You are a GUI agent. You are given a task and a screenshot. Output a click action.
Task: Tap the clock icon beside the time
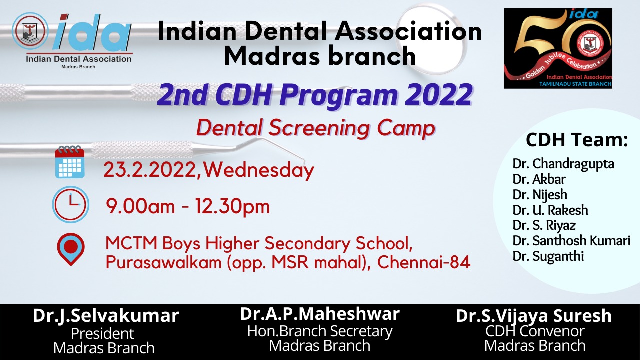(x=71, y=205)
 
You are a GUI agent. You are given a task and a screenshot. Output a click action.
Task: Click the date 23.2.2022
(x=149, y=170)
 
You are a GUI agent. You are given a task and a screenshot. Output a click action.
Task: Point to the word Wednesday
(x=259, y=170)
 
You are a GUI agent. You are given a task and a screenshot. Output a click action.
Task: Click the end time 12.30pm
(x=232, y=206)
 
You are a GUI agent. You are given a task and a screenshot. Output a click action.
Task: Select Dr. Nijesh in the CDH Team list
(x=540, y=195)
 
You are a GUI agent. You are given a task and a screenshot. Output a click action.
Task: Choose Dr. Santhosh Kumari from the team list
(x=571, y=241)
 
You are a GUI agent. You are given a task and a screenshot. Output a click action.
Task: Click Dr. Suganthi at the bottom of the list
(x=548, y=256)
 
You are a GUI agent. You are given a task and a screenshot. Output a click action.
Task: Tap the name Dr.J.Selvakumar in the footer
(x=106, y=316)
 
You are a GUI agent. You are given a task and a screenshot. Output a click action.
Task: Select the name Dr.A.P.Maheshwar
(x=320, y=314)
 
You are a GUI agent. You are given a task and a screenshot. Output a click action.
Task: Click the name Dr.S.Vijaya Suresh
(x=533, y=316)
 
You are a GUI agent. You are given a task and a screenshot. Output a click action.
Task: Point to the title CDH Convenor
(x=535, y=331)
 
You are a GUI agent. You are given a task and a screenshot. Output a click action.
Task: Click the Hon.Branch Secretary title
(x=320, y=331)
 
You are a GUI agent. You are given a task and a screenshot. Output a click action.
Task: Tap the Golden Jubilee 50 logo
(x=558, y=48)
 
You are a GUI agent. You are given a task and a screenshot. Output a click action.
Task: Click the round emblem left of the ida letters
(x=30, y=31)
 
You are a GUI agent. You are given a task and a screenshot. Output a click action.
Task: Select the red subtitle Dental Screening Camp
(x=316, y=128)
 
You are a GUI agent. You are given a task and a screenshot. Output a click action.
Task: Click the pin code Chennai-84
(x=424, y=262)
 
